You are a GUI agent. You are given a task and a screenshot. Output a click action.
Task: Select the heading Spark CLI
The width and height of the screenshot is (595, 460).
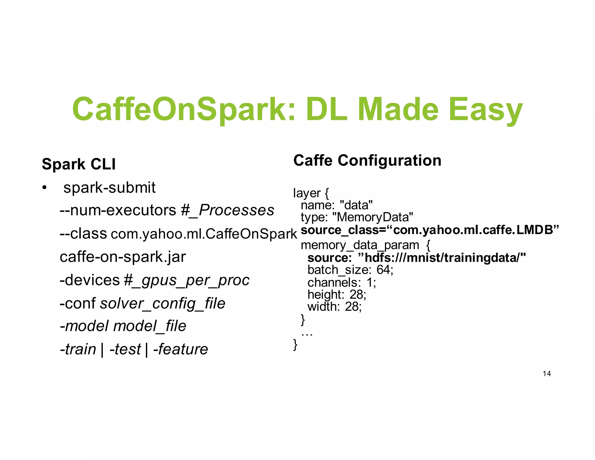[79, 164]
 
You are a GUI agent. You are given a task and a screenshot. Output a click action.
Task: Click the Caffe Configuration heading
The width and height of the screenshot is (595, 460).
[367, 161]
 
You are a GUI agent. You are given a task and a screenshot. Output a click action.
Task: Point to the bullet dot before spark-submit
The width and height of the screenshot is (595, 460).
[44, 188]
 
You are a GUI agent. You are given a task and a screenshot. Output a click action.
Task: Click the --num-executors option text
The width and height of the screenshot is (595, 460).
[118, 210]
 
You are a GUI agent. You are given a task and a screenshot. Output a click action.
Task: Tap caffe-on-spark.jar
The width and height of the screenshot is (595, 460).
[123, 257]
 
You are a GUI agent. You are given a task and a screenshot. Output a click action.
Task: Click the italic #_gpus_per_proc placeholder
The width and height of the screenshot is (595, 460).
[187, 280]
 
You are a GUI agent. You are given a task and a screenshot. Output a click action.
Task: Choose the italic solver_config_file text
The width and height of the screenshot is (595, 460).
[163, 304]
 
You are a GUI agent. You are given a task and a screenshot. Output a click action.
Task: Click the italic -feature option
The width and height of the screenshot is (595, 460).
[181, 349]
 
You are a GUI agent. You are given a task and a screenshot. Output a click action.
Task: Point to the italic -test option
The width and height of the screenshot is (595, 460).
[125, 349]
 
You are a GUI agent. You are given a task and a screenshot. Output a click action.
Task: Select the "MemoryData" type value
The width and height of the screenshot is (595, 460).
[373, 217]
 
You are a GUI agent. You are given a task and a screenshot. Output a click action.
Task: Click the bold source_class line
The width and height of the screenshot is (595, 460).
[430, 230]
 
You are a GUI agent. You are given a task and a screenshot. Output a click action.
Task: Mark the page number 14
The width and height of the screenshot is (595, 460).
[546, 374]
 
